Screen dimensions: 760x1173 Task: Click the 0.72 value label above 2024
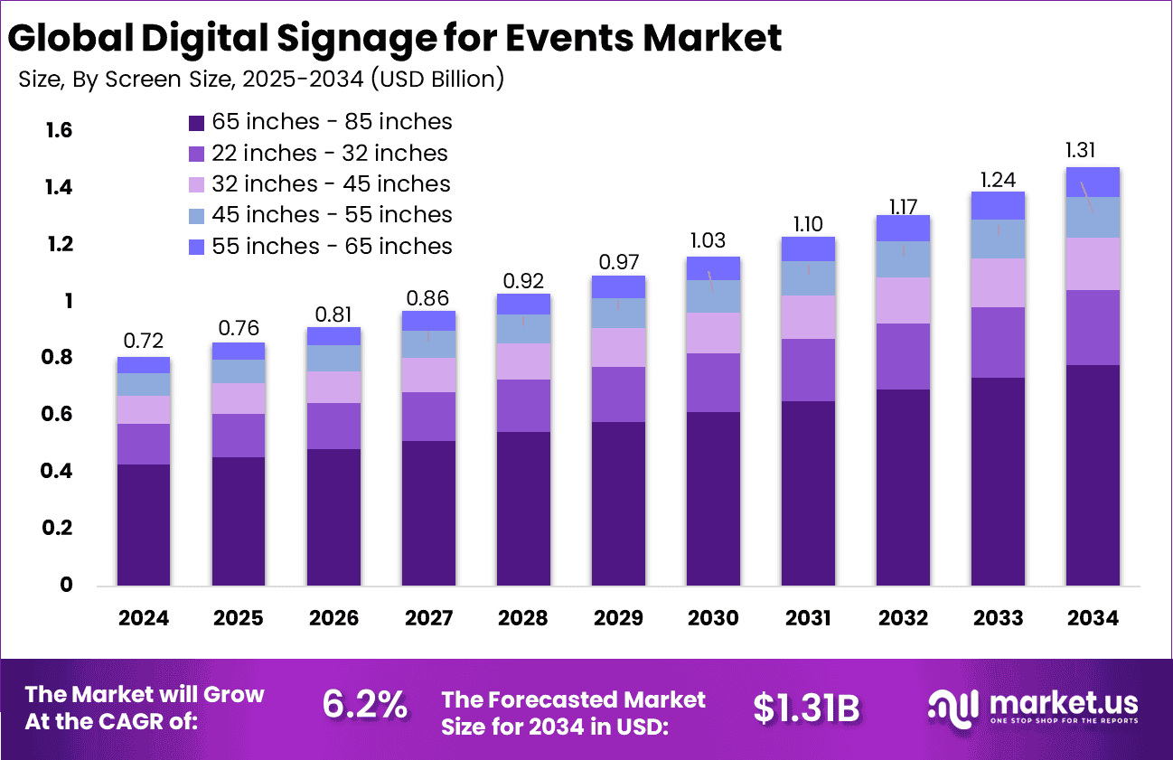pyautogui.click(x=144, y=342)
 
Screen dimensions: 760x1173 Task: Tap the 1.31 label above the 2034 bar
pyautogui.click(x=1093, y=151)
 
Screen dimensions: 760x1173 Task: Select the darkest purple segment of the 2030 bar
pyautogui.click(x=713, y=498)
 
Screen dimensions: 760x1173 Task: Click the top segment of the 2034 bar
pyautogui.click(x=1093, y=182)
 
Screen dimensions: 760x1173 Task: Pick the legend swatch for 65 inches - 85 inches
pyautogui.click(x=196, y=122)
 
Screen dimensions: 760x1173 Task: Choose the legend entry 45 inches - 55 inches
pyautogui.click(x=332, y=215)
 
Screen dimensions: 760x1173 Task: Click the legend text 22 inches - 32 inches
pyautogui.click(x=330, y=153)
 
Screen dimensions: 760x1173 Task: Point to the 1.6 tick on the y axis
pyautogui.click(x=59, y=131)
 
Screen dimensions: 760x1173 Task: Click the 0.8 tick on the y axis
pyautogui.click(x=59, y=358)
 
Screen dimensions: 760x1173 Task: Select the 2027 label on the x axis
pyautogui.click(x=428, y=618)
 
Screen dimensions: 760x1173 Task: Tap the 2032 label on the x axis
pyautogui.click(x=903, y=618)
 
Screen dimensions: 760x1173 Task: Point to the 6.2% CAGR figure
pyautogui.click(x=364, y=706)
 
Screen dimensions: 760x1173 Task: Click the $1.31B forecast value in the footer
pyautogui.click(x=806, y=708)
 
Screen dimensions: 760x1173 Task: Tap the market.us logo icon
pyautogui.click(x=952, y=707)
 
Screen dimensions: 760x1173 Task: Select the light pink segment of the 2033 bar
pyautogui.click(x=998, y=283)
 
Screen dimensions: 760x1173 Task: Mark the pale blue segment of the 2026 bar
pyautogui.click(x=333, y=358)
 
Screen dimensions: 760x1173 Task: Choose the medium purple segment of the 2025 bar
pyautogui.click(x=239, y=435)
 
